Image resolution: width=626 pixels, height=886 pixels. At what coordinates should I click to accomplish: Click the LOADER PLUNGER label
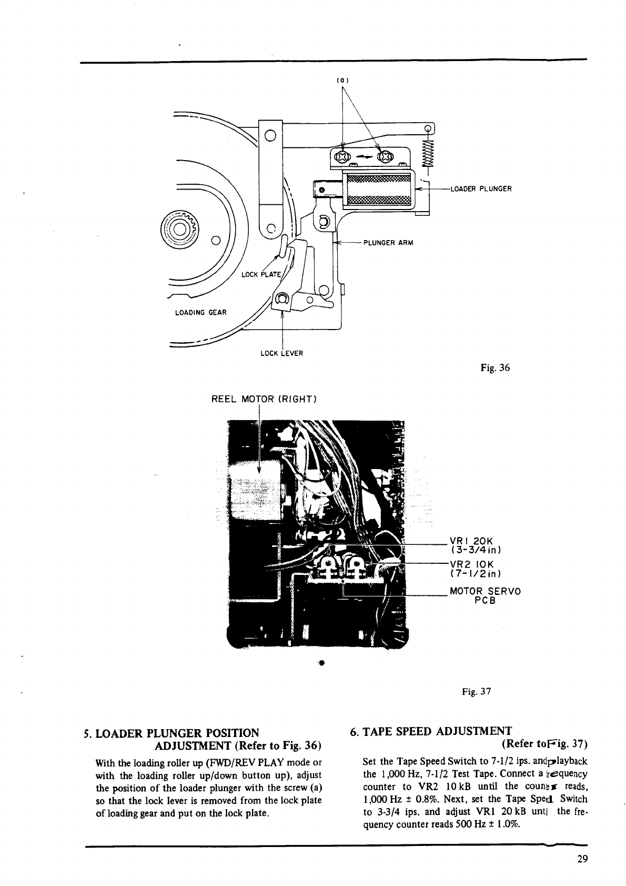(481, 188)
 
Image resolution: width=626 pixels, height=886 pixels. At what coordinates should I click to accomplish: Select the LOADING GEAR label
(200, 313)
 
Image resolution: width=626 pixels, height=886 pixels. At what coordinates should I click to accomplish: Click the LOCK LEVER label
(282, 353)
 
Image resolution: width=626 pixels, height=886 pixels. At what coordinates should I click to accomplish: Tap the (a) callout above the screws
(343, 80)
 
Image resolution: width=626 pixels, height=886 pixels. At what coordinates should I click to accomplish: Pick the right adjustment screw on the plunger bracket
(386, 156)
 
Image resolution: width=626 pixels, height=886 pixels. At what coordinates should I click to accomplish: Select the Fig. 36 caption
(495, 369)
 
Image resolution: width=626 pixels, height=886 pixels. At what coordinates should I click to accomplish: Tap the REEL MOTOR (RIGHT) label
(263, 399)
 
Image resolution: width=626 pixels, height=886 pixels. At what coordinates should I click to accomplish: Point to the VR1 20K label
(470, 541)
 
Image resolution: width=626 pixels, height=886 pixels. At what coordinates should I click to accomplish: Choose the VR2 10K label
(470, 564)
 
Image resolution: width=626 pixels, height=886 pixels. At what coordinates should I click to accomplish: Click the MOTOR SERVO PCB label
(484, 595)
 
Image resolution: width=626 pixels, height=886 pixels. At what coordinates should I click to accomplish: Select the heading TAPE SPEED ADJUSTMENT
(430, 731)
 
